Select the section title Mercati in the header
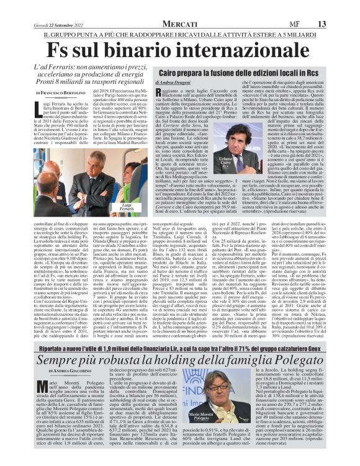(181, 6)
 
